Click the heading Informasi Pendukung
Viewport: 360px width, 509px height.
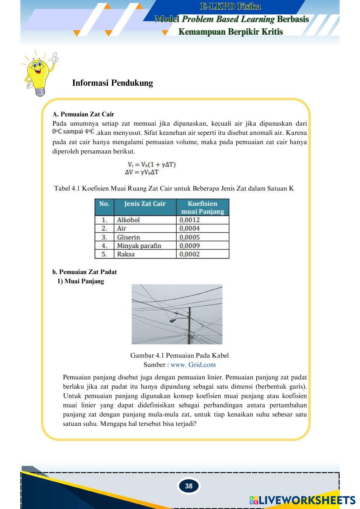click(112, 83)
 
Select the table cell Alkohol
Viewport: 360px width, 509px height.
click(128, 220)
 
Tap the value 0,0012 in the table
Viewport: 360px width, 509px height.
click(190, 220)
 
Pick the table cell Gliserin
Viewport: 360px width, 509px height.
click(129, 237)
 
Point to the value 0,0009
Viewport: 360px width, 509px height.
click(190, 246)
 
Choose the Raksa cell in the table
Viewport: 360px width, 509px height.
click(126, 254)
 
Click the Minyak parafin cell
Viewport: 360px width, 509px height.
click(139, 246)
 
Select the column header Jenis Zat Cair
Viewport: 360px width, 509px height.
click(145, 204)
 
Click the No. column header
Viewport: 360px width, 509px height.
click(104, 204)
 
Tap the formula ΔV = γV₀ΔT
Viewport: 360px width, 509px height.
click(142, 172)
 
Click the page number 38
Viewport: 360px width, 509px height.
click(189, 486)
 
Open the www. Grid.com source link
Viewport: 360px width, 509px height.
click(193, 365)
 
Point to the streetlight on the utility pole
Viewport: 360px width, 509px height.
click(174, 320)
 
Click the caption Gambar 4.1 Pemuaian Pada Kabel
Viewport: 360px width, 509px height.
click(179, 356)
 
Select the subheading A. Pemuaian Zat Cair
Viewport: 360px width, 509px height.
click(83, 114)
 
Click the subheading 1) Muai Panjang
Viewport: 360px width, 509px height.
click(81, 281)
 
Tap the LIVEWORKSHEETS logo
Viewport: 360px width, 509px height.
click(302, 500)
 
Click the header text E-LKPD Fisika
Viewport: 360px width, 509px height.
click(230, 6)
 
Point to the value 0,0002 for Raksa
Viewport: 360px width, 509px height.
click(190, 254)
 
